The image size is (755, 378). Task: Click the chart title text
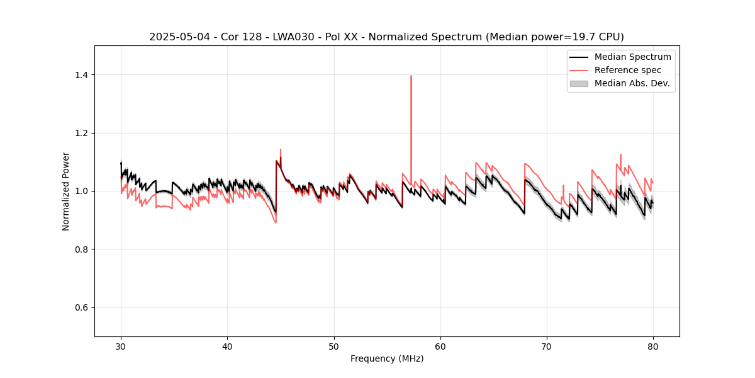[x=386, y=37]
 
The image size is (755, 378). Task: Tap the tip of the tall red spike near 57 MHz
[x=411, y=76]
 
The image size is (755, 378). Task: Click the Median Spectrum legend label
[x=632, y=57]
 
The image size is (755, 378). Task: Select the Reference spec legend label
[x=628, y=70]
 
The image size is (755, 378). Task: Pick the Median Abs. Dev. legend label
[x=632, y=83]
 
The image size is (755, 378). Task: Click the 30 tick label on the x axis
[x=121, y=346]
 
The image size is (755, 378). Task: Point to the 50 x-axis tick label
[x=334, y=346]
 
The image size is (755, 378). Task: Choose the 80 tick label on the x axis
[x=653, y=346]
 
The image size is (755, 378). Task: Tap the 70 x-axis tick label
[x=547, y=346]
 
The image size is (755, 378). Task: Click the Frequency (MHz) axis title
[x=387, y=358]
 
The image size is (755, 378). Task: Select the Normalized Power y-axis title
[x=66, y=191]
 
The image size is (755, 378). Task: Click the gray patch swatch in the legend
[x=579, y=83]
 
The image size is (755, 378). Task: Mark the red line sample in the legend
[x=579, y=70]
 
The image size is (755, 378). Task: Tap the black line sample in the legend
[x=579, y=57]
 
